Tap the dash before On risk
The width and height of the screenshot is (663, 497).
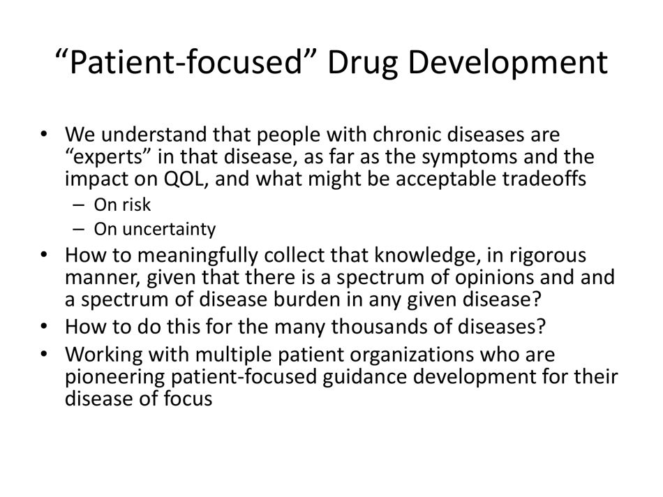(79, 206)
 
